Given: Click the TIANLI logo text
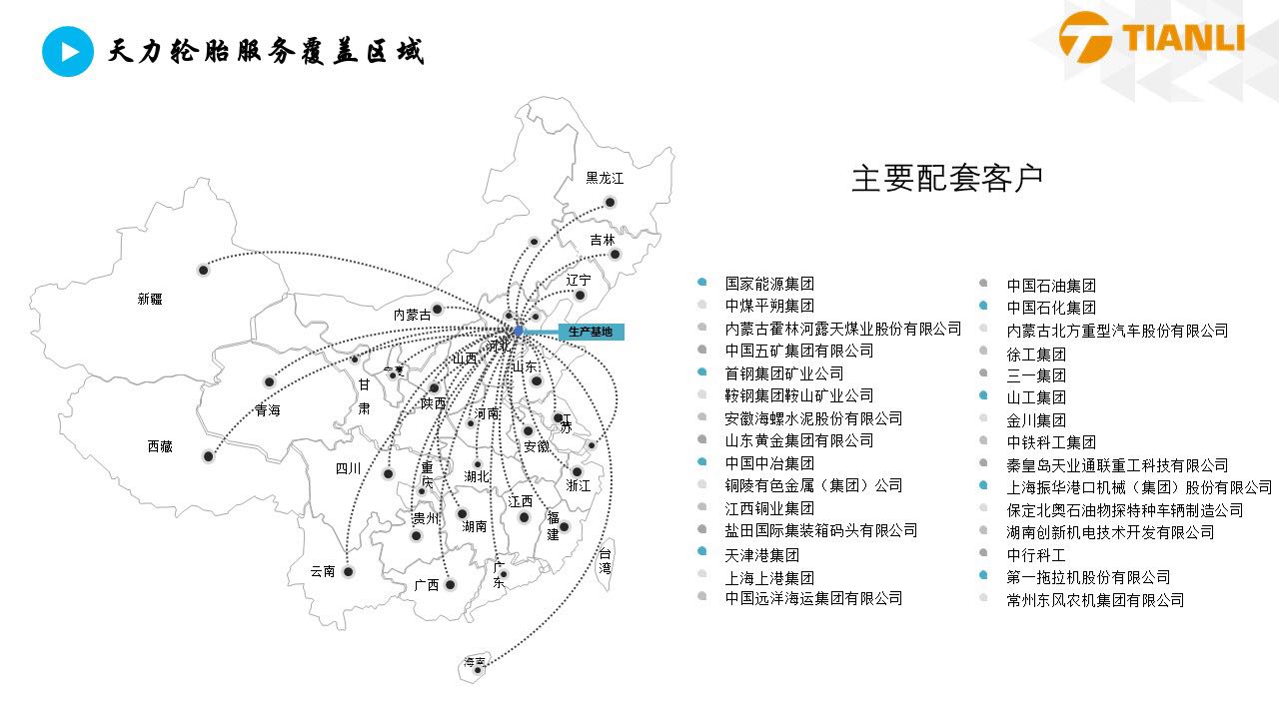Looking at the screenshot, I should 1184,37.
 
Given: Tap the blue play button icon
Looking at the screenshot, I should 67,51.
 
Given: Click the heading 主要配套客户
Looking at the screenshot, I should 947,178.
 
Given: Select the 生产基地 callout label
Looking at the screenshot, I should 590,332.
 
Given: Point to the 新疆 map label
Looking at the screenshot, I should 150,299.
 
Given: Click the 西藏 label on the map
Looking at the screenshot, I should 160,446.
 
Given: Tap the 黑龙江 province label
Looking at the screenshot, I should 605,178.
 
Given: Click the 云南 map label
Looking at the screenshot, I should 323,571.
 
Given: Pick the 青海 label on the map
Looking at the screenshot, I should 268,410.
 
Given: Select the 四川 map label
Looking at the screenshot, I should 348,467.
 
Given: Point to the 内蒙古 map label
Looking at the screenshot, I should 412,315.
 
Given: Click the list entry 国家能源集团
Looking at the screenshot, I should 769,284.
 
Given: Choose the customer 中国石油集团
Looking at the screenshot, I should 1051,286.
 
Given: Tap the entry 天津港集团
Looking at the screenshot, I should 762,554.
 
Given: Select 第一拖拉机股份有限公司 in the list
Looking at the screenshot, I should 1088,577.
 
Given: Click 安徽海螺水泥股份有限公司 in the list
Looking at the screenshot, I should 813,418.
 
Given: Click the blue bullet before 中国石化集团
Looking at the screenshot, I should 984,307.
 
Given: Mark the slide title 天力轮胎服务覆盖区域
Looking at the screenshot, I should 266,51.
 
